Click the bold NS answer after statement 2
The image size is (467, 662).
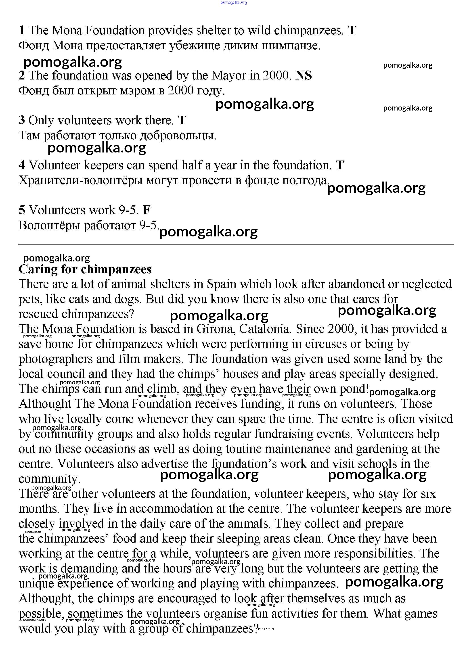tap(304, 75)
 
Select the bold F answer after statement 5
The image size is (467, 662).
tap(147, 210)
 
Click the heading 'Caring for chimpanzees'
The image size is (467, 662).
tap(85, 269)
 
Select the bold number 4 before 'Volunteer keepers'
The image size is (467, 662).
tap(22, 165)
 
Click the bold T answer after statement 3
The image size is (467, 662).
tap(182, 120)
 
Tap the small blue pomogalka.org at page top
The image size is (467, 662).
tap(233, 3)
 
